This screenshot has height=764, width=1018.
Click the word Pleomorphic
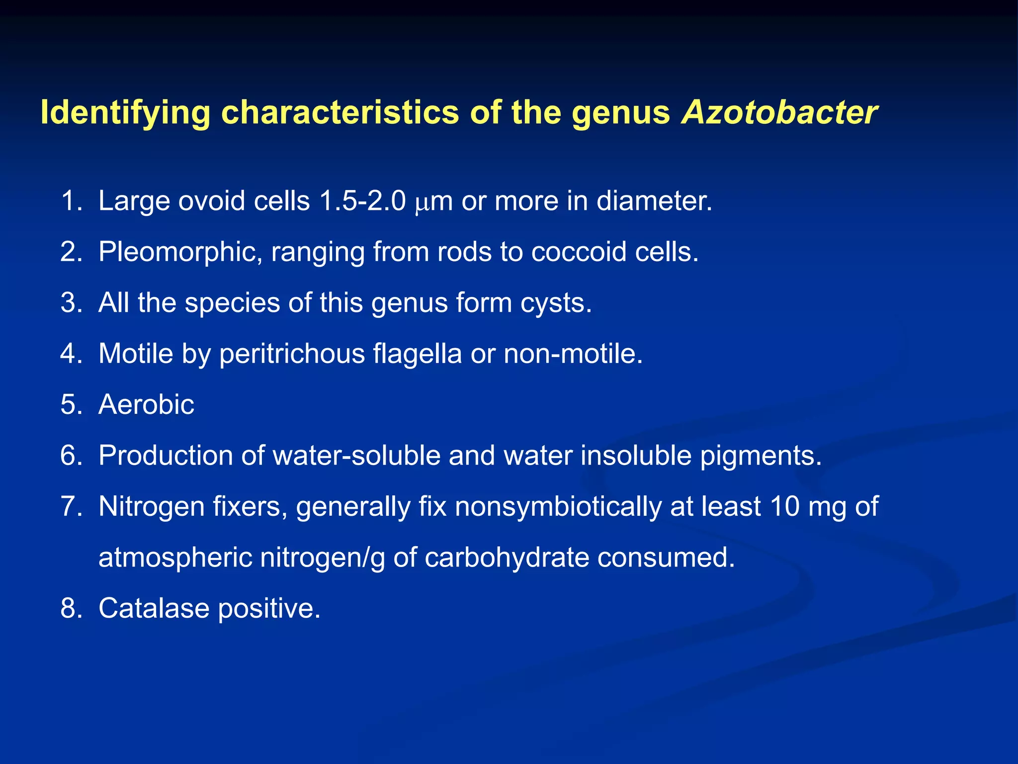(180, 252)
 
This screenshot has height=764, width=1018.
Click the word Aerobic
(146, 404)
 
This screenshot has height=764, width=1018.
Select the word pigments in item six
(761, 456)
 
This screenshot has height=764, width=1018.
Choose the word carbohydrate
(507, 558)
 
